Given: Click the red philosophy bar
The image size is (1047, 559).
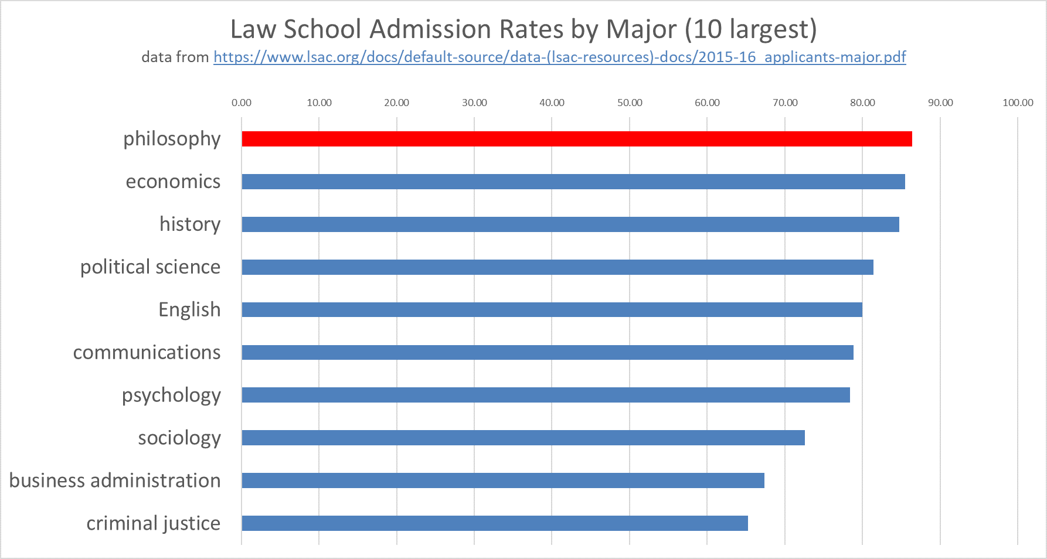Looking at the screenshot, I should click(x=577, y=139).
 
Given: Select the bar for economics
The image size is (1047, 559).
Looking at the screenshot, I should click(x=573, y=182).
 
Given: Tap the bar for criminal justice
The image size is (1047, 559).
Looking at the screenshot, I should click(x=495, y=523).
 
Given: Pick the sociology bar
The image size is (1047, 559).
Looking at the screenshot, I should click(x=523, y=438).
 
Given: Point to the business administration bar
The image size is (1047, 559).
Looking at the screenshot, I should click(x=503, y=480).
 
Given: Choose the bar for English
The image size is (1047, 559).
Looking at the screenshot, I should click(x=552, y=309).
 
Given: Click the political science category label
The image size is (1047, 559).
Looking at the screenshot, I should click(x=151, y=267).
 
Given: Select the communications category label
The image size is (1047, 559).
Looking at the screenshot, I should click(x=147, y=353).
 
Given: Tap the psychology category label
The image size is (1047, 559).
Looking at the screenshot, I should click(x=171, y=396).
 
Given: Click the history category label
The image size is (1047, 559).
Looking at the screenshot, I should click(x=190, y=224).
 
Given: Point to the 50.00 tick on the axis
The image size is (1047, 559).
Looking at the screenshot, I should click(x=630, y=103).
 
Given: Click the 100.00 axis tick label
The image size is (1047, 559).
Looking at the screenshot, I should click(x=1018, y=103).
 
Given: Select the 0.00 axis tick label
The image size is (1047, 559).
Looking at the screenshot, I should click(x=242, y=103).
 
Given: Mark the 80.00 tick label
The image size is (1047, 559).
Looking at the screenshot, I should click(x=862, y=103).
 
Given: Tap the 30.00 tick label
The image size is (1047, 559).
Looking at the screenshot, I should click(x=474, y=103).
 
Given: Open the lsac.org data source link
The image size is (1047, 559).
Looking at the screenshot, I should click(x=560, y=57).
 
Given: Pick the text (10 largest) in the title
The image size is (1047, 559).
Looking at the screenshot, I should click(x=751, y=29).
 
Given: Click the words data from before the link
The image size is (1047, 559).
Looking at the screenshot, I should click(x=175, y=57).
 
